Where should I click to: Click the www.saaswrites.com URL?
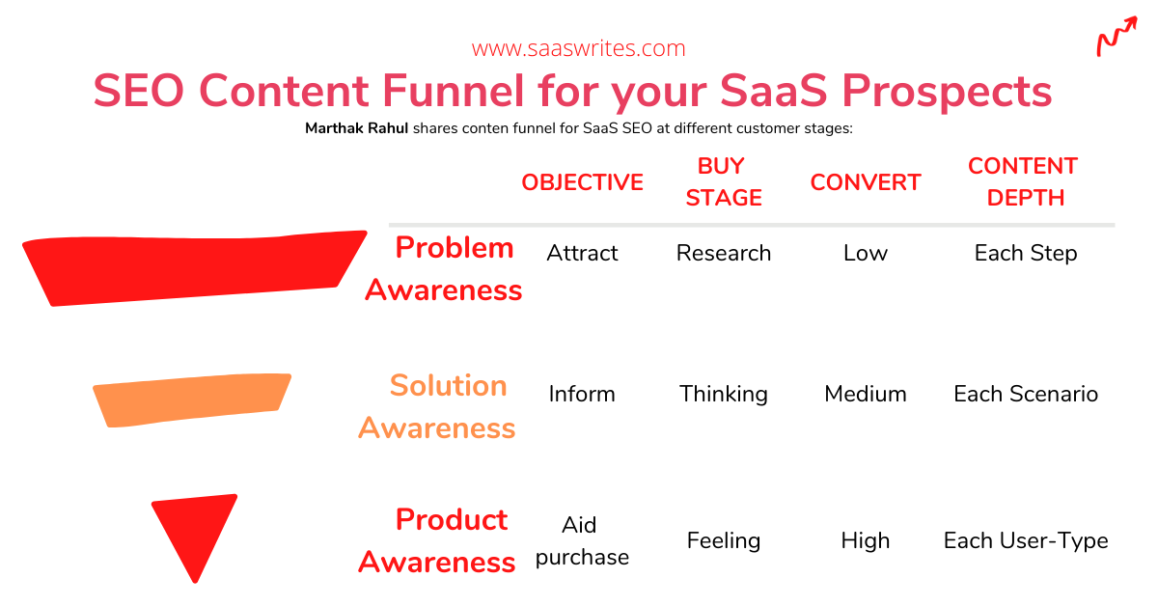578,48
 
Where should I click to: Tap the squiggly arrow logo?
1117,37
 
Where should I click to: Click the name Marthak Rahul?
356,128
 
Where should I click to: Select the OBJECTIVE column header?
582,182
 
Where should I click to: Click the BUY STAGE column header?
723,182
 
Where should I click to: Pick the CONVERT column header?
866,182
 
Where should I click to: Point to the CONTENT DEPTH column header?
1024,182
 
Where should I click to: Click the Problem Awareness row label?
444,269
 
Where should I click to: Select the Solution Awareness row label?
437,407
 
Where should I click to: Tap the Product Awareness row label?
437,540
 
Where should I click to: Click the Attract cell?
582,254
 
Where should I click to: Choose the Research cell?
723,254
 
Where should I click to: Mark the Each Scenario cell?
1026,394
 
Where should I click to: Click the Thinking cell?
723,395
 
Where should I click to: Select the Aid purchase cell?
582,541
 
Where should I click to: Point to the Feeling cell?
723,541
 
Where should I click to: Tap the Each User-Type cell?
1026,541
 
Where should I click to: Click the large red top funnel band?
194,268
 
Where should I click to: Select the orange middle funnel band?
192,400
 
